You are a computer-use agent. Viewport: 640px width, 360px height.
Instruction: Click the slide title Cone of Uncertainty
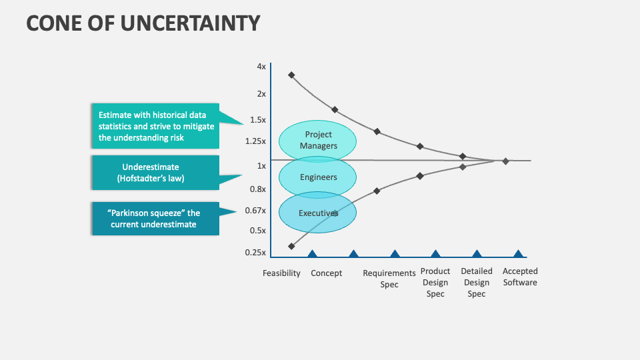tap(143, 23)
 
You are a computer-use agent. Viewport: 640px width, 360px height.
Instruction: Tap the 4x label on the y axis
tap(261, 67)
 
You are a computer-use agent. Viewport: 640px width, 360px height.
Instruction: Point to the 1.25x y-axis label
tap(255, 141)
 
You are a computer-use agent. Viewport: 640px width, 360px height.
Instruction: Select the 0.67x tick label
tap(255, 211)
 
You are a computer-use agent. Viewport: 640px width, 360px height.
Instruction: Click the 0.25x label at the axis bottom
tap(255, 253)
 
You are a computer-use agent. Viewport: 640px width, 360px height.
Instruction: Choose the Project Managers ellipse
tap(318, 140)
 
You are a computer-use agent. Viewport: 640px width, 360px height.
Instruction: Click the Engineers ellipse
tap(318, 177)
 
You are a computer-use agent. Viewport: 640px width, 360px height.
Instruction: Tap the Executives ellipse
tap(318, 213)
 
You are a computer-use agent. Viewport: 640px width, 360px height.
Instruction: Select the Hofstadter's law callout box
tap(155, 173)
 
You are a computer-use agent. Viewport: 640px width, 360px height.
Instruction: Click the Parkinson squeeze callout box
tap(155, 219)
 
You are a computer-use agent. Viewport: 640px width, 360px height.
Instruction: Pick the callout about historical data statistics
tap(155, 126)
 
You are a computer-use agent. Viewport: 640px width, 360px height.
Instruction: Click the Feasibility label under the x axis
tap(281, 273)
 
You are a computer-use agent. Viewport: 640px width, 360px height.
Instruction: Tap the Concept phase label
tap(327, 273)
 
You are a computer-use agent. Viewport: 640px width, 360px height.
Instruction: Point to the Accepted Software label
tap(520, 277)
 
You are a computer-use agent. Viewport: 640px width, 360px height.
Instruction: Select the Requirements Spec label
tap(389, 279)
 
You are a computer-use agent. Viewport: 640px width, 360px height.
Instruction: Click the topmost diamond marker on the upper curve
tap(291, 75)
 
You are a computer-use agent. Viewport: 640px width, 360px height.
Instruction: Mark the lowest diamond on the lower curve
tap(291, 246)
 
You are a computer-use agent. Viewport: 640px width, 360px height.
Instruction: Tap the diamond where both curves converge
tap(505, 161)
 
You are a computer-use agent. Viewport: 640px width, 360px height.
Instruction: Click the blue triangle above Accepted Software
tap(518, 253)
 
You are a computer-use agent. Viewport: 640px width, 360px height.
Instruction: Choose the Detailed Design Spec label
tap(477, 282)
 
